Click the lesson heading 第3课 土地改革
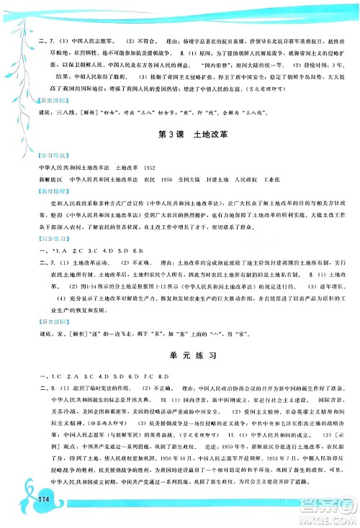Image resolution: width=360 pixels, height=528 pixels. click(x=180, y=135)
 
